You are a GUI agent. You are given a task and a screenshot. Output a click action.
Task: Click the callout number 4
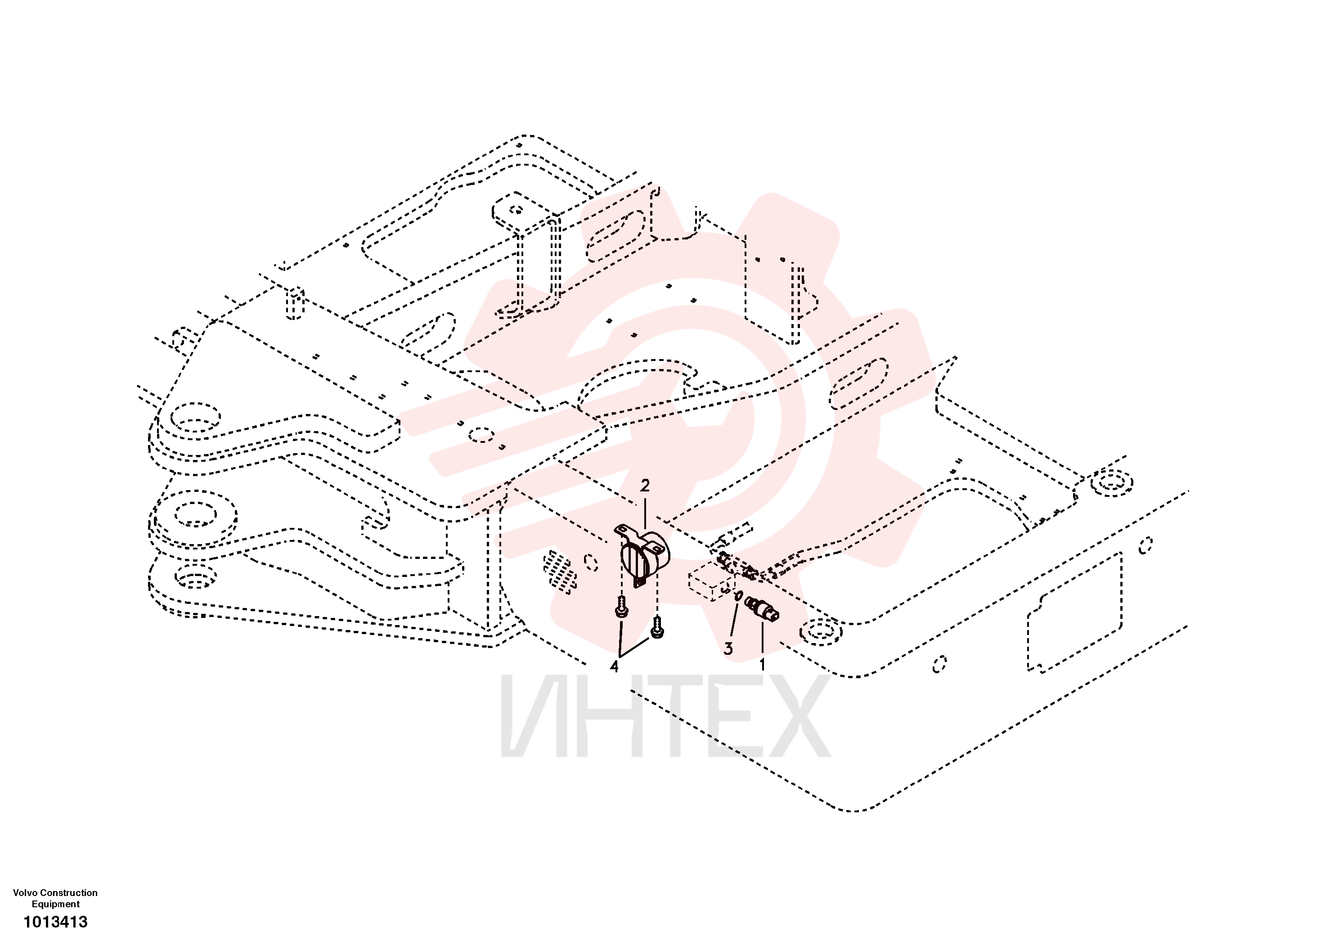[x=614, y=666]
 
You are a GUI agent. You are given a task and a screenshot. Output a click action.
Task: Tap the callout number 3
[x=728, y=648]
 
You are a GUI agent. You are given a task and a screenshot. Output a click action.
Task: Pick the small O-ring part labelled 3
[x=738, y=596]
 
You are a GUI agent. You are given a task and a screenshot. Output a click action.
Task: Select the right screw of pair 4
[x=657, y=628]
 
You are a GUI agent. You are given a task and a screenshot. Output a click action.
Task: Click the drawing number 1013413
[x=55, y=922]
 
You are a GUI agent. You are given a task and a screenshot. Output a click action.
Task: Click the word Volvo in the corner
[x=25, y=893]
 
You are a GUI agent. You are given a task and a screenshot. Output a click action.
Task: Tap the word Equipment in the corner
[x=56, y=905]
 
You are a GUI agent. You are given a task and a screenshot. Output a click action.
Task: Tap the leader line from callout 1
[x=762, y=638]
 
